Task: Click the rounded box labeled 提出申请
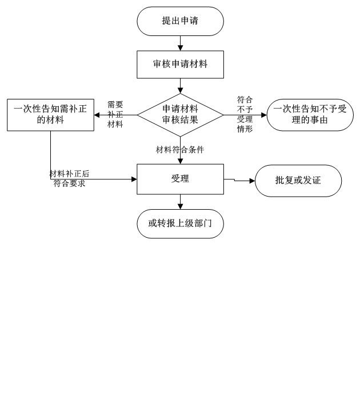coord(180,21)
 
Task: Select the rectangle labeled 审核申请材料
coord(180,64)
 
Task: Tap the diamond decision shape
coord(180,115)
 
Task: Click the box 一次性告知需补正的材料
coord(50,115)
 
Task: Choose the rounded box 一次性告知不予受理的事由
coord(310,115)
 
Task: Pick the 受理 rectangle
coord(180,179)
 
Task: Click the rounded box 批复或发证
coord(298,181)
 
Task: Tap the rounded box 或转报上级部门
coord(180,223)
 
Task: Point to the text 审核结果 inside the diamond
coord(180,121)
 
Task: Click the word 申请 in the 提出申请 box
coord(189,21)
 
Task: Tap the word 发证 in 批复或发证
coord(311,181)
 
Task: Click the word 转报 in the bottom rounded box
coord(166,223)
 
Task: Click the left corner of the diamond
coord(139,115)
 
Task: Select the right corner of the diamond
coord(222,115)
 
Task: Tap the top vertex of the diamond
coord(180,94)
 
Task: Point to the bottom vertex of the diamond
coord(180,135)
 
